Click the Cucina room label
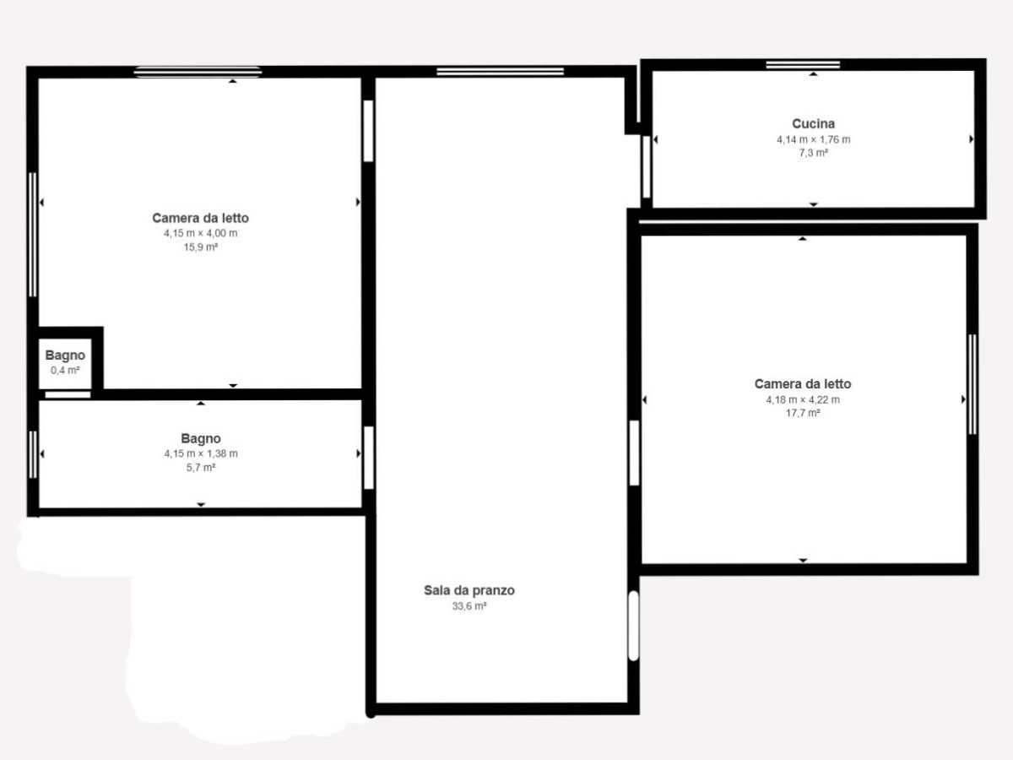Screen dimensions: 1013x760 813,123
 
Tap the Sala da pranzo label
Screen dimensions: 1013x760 469,590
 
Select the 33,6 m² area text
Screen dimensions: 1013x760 469,605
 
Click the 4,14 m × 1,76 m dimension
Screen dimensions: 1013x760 813,139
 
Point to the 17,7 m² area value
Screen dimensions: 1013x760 803,413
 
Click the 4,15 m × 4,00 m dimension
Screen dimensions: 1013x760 200,233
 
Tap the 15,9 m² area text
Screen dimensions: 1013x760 200,247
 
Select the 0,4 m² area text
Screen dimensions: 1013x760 65,370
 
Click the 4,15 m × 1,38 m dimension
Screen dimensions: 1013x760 201,453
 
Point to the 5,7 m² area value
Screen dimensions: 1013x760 201,468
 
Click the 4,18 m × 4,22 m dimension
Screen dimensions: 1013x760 803,399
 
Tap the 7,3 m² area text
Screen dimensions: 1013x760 813,153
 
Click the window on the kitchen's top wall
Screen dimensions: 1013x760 803,65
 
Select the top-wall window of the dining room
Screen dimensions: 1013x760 501,72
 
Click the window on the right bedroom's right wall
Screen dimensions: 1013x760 972,384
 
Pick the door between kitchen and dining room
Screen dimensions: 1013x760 646,167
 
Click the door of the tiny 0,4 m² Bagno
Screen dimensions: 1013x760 68,394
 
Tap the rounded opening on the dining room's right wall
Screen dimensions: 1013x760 634,626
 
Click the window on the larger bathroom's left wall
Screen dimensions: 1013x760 33,454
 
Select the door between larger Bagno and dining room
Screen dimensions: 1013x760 368,458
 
